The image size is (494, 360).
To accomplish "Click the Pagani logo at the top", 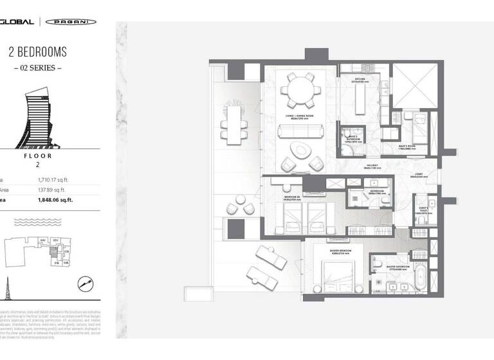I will (x=71, y=21).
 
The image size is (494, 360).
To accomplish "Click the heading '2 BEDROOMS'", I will (x=37, y=52).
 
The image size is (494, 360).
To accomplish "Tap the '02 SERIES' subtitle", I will (x=37, y=67).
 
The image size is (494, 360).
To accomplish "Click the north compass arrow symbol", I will (x=85, y=282).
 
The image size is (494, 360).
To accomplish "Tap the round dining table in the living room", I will (x=301, y=90).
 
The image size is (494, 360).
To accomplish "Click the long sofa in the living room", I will (x=300, y=132).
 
